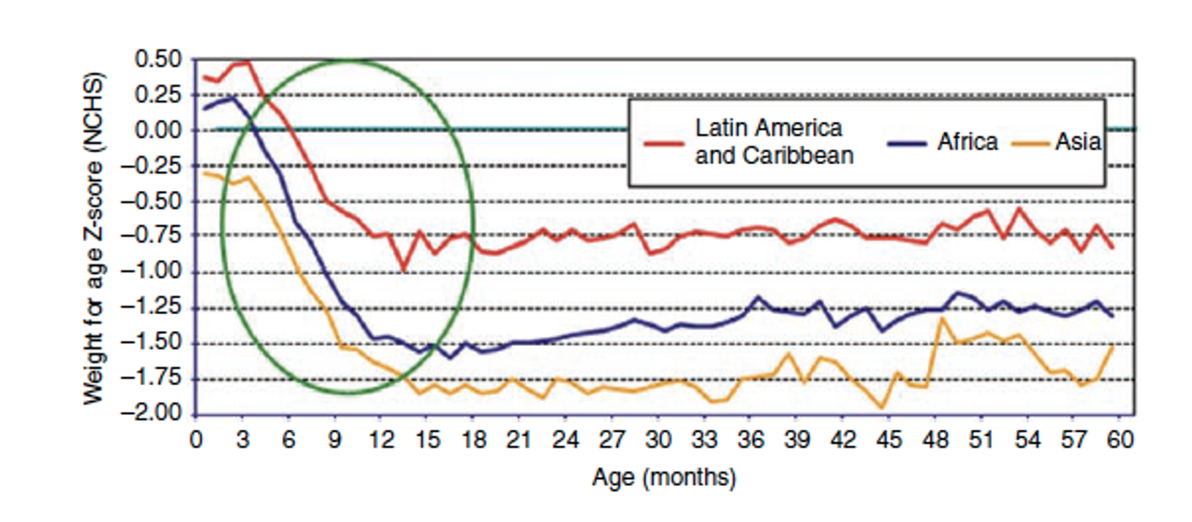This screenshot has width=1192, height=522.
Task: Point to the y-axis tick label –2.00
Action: coord(157,415)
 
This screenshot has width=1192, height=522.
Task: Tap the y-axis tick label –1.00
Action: coord(157,273)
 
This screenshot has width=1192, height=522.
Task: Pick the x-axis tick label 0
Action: coord(196,439)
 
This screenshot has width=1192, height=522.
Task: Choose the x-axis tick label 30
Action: coord(658,439)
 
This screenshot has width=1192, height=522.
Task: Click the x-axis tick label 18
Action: coord(473,439)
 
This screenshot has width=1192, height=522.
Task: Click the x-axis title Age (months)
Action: coord(663,479)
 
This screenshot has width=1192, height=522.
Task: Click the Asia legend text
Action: coord(1078,142)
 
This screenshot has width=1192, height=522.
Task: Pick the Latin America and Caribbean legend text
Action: coord(774,141)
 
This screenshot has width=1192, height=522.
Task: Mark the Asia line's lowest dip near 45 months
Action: coord(881,407)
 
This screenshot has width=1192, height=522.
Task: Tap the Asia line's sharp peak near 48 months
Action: coord(943,319)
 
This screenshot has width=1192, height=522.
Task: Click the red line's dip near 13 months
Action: coord(403,270)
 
